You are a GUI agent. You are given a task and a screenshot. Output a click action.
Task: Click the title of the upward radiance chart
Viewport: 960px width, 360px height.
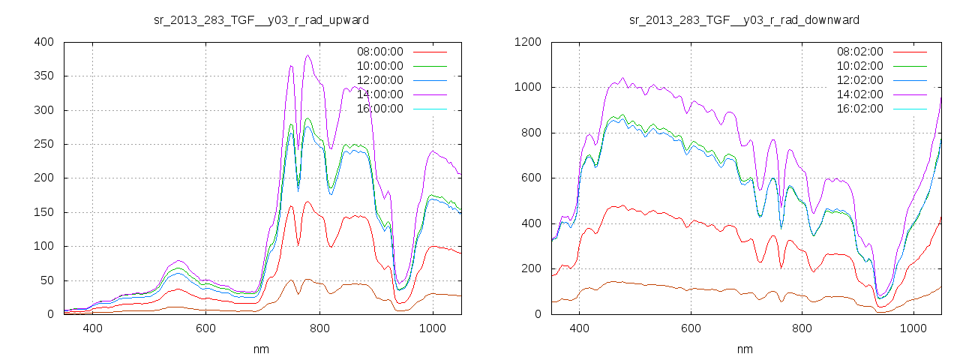click(x=261, y=19)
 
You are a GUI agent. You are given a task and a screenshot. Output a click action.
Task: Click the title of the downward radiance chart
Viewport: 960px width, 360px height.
click(x=744, y=19)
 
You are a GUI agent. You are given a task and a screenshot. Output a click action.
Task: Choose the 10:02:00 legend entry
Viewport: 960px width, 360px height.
click(x=860, y=66)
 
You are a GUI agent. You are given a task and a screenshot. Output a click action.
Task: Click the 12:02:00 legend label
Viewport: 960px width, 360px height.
click(x=860, y=80)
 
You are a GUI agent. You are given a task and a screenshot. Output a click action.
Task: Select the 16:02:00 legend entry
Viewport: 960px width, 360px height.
click(x=860, y=109)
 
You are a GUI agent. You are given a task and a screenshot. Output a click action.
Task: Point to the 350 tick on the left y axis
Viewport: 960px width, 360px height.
click(x=45, y=76)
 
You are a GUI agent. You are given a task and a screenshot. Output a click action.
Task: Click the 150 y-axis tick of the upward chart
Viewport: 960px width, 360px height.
click(x=45, y=212)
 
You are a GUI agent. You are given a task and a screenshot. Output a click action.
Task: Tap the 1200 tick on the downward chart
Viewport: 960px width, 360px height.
click(x=528, y=42)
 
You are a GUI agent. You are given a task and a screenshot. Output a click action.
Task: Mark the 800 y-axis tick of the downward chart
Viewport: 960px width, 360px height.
click(x=531, y=133)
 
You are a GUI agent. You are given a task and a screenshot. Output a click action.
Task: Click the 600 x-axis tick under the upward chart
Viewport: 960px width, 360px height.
click(x=206, y=328)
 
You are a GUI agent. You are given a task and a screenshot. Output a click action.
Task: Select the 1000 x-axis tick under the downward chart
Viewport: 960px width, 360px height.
click(x=913, y=328)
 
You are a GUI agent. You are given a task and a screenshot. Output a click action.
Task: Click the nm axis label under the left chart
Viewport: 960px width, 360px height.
click(x=261, y=349)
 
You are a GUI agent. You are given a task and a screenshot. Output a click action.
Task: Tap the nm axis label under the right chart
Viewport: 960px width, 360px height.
click(x=744, y=349)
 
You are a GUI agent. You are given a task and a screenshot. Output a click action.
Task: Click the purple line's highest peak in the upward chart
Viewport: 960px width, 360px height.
click(x=307, y=55)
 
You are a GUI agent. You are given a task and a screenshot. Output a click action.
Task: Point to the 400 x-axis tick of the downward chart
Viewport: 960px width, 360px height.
click(x=579, y=328)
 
